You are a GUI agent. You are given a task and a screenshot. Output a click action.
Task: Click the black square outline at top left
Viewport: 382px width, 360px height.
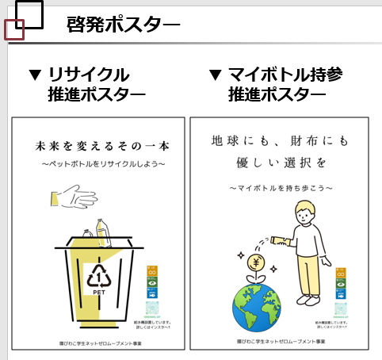click(x=29, y=13)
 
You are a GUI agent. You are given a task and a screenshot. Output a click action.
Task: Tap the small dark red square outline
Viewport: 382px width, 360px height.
click(x=14, y=30)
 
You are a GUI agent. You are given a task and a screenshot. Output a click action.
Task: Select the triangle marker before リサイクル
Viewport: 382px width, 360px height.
click(x=34, y=75)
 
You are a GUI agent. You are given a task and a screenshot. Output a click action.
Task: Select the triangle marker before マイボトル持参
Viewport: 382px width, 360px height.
click(x=215, y=75)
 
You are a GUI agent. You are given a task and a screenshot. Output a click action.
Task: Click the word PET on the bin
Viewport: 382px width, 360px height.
click(x=100, y=292)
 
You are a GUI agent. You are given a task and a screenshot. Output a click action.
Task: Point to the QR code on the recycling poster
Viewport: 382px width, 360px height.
click(x=154, y=309)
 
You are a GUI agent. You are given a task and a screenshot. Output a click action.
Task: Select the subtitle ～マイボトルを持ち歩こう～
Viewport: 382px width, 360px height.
click(x=281, y=188)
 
